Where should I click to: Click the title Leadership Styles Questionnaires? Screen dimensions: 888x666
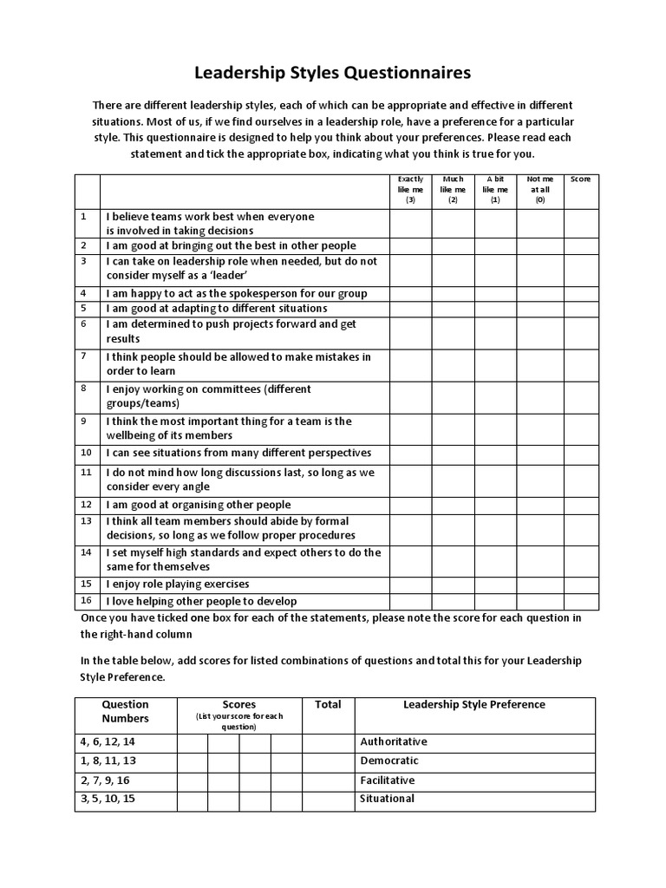point(333,70)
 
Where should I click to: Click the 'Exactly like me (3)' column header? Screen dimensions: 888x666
point(410,189)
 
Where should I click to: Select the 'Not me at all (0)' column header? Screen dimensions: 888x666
point(539,189)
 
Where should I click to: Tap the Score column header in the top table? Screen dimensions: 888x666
point(580,180)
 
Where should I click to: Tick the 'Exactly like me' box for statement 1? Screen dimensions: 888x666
point(410,223)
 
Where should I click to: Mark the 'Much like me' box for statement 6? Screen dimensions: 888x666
point(453,332)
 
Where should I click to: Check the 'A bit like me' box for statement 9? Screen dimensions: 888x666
point(495,428)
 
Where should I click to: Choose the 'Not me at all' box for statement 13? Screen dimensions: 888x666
point(539,529)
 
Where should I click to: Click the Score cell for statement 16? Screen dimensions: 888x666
point(580,601)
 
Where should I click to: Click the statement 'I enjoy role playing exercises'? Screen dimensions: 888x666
point(178,584)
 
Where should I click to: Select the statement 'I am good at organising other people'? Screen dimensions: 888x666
point(199,505)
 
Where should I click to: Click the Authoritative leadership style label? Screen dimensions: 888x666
point(394,742)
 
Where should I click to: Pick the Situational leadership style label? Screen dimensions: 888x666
point(387,799)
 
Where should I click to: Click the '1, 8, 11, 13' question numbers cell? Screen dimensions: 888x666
point(108,761)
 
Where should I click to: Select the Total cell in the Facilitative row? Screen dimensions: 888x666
point(328,780)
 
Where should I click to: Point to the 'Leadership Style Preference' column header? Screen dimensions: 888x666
point(474,705)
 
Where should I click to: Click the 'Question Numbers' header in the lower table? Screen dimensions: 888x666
point(126,711)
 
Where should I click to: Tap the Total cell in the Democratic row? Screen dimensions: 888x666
point(328,761)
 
